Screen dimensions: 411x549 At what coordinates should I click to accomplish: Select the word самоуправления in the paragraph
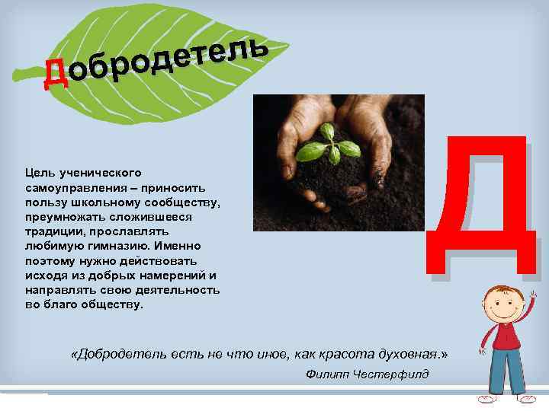(x=67, y=186)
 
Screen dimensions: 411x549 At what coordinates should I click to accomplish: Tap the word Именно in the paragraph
(x=181, y=246)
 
